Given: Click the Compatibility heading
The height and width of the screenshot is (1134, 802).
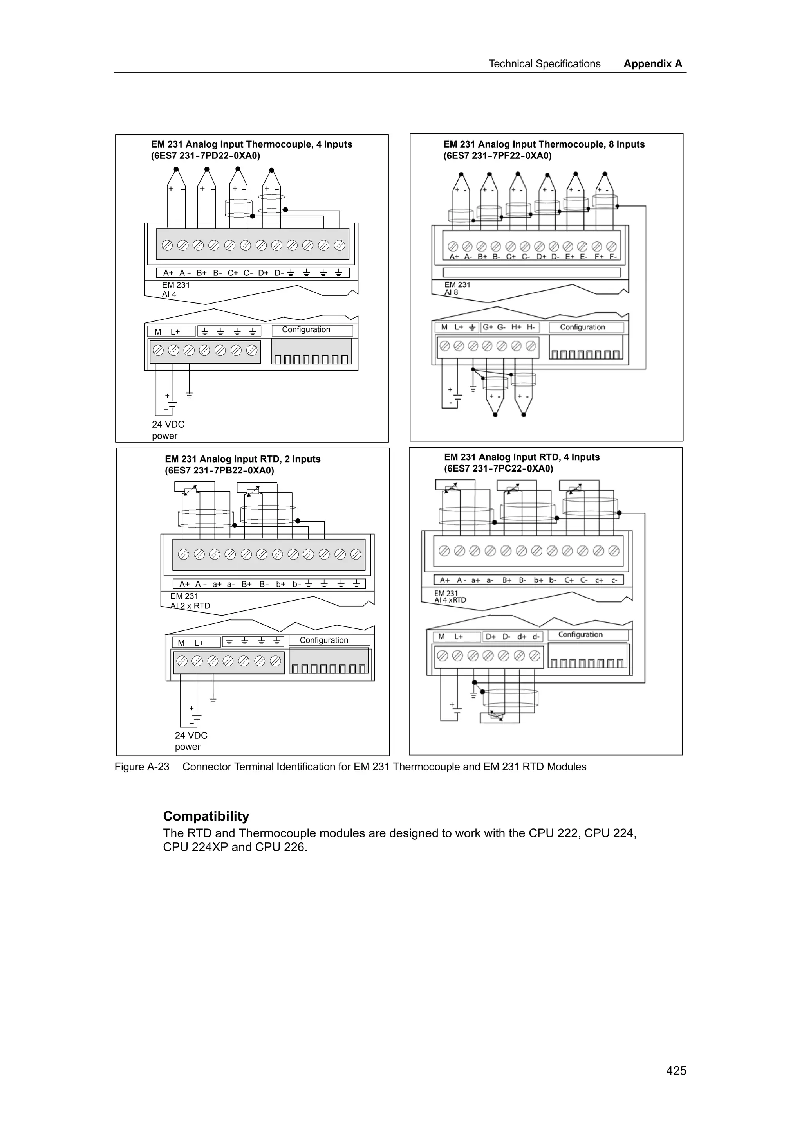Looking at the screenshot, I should tap(206, 816).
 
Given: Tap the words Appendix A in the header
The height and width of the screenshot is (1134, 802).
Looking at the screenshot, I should tap(652, 64).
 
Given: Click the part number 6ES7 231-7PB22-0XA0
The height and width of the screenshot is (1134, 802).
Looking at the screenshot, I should tap(219, 470).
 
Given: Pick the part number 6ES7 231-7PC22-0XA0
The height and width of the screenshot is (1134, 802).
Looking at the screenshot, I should tap(498, 468).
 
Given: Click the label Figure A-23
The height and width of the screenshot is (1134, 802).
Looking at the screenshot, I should tap(142, 767).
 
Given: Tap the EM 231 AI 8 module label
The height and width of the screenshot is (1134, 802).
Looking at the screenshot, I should tap(457, 288).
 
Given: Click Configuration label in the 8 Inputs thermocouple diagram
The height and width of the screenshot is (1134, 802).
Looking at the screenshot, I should tap(582, 327).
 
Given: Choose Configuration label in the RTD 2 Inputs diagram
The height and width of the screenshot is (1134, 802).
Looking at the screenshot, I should tap(324, 640).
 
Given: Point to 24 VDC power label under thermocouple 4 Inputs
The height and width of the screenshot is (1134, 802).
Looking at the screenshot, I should tap(168, 430).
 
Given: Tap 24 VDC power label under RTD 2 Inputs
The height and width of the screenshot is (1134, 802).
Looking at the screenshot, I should tap(191, 741).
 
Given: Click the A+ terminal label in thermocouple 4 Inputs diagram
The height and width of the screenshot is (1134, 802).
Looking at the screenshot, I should tap(168, 273).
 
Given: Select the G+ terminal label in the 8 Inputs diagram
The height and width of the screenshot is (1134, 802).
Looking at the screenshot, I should tap(488, 327).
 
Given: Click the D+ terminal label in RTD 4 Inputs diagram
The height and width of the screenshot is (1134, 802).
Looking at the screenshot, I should tap(490, 637).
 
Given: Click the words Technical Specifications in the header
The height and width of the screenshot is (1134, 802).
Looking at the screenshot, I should tap(544, 64).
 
